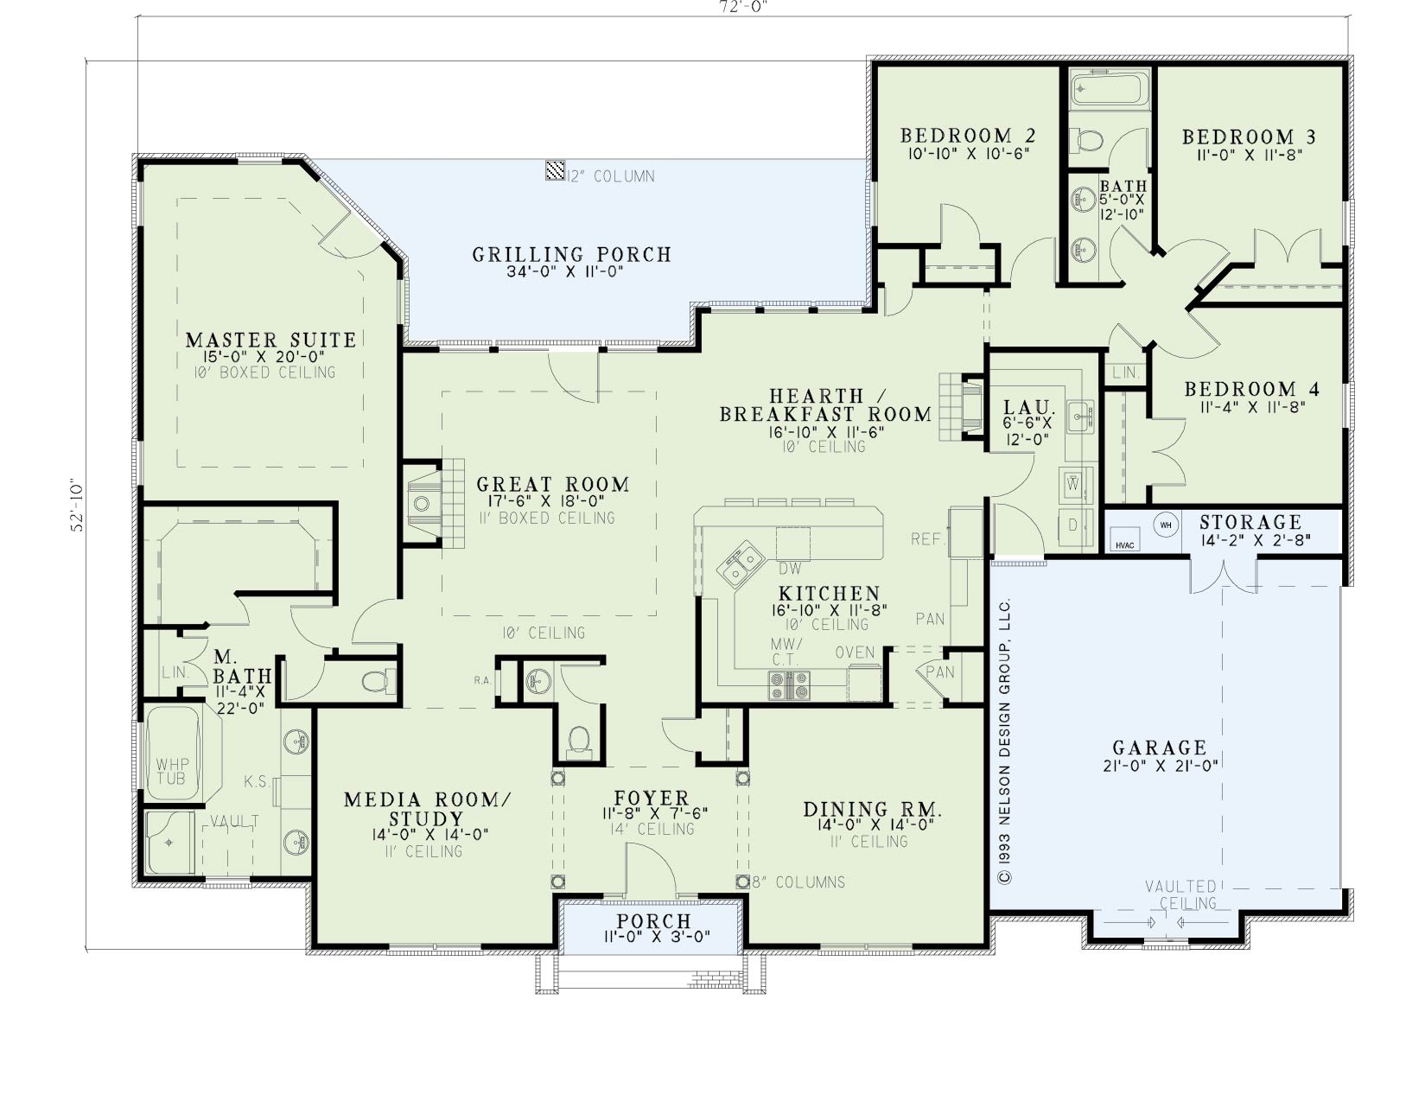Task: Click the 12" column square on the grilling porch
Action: [555, 170]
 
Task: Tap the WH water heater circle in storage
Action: [1165, 525]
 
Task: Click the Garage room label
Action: [1160, 747]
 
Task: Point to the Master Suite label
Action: [270, 340]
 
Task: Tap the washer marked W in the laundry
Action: [1072, 485]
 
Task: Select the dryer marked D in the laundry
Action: [1072, 525]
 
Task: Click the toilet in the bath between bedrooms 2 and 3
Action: [1086, 140]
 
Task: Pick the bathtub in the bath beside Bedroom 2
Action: [1110, 88]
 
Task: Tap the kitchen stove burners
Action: [789, 685]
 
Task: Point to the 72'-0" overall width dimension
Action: [741, 7]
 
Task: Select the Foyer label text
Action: [652, 798]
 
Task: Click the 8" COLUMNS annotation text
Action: [798, 882]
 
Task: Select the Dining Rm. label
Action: [872, 809]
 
